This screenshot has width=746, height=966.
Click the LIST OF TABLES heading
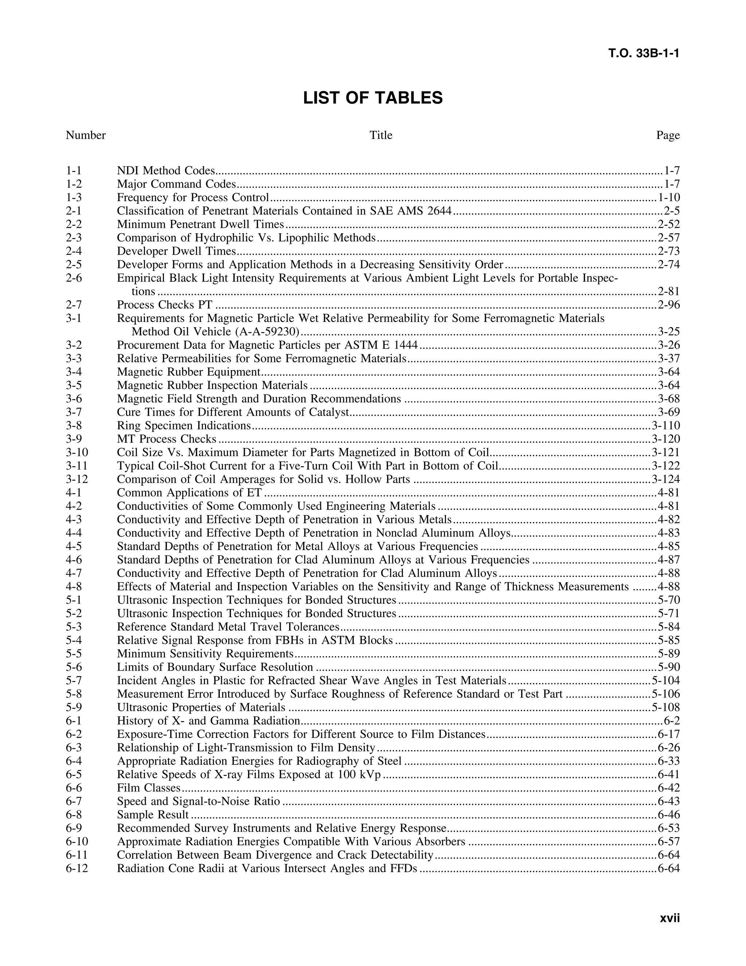click(x=373, y=98)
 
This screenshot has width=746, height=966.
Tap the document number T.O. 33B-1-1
click(x=644, y=54)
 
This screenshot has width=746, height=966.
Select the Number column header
click(x=86, y=135)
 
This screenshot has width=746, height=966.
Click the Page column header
click(x=668, y=135)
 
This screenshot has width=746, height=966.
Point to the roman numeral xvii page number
click(x=670, y=918)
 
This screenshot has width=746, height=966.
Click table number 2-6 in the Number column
click(x=74, y=278)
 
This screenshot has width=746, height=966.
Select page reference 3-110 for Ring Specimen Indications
click(x=665, y=426)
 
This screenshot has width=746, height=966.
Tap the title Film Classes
click(x=149, y=788)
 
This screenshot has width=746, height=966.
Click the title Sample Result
click(x=153, y=815)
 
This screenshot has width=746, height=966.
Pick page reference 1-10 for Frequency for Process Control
click(x=669, y=198)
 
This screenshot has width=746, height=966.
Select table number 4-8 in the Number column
click(x=74, y=587)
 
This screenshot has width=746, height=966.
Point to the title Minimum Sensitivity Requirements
click(x=205, y=654)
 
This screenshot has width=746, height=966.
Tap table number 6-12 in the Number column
click(x=77, y=868)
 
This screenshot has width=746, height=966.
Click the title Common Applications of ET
click(x=189, y=493)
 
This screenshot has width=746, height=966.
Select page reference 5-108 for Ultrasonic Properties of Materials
click(x=665, y=708)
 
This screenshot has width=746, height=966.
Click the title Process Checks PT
click(x=164, y=305)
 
